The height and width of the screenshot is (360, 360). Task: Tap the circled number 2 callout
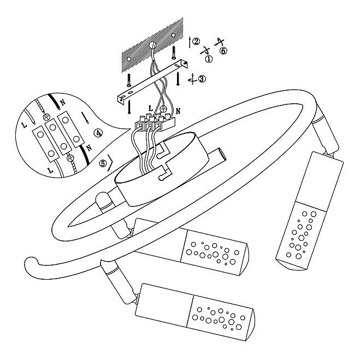[196, 41]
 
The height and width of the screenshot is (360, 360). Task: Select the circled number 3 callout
[202, 79]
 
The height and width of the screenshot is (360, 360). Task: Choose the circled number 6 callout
[223, 51]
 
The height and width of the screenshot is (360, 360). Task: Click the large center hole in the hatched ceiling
[153, 45]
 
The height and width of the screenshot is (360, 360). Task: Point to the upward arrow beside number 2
[189, 41]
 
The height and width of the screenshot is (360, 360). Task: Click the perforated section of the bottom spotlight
[219, 317]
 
